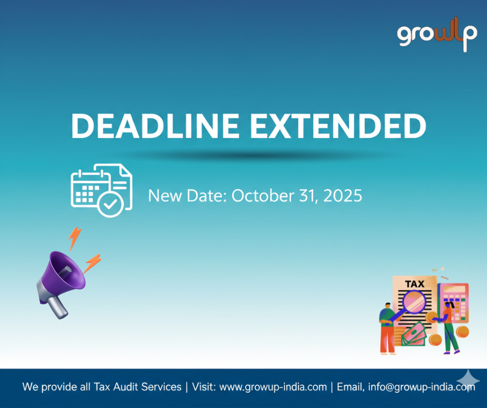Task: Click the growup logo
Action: (437, 35)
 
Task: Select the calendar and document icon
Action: (102, 190)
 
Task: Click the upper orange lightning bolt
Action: (75, 238)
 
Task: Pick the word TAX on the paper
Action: (413, 284)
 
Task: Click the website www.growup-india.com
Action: (273, 387)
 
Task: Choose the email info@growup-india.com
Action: (421, 387)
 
